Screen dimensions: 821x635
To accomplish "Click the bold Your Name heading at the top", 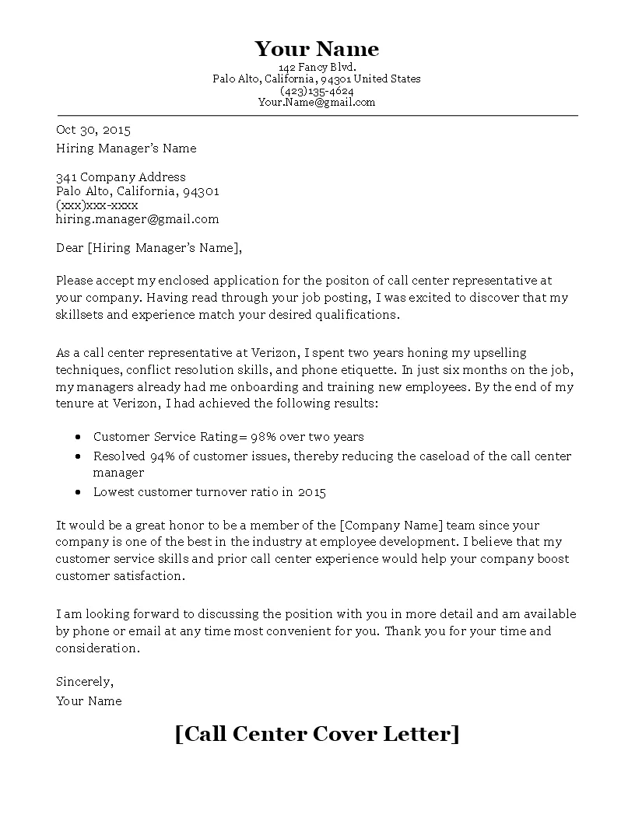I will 317,50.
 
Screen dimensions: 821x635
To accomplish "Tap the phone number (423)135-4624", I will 317,90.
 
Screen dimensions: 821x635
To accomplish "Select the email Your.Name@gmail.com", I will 317,102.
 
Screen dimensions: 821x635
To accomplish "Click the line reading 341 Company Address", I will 121,176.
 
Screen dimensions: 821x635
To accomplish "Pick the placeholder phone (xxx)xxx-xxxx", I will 96,205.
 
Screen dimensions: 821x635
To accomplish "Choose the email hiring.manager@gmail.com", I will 138,219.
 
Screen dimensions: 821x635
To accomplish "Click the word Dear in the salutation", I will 70,248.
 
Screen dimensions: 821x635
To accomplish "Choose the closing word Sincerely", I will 85,682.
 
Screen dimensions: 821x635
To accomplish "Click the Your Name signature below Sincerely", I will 89,700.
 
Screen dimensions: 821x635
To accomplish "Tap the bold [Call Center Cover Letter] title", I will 317,733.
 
